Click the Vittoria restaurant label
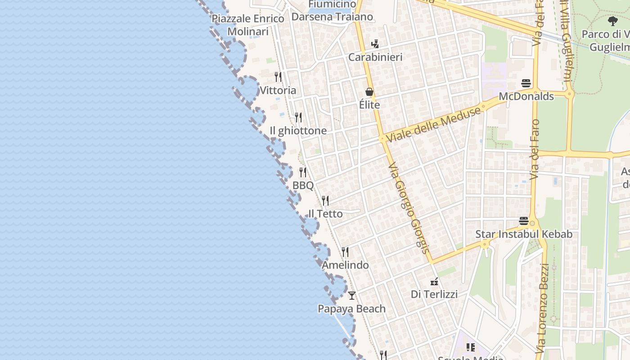278,90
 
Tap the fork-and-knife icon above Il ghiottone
298,117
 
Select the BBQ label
303,185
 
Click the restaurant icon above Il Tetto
325,200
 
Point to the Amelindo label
345,265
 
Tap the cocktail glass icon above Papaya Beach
352,296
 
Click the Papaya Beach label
352,309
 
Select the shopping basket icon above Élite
369,92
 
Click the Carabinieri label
375,57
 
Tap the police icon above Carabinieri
375,44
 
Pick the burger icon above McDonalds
526,83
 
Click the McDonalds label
526,96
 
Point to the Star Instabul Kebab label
524,234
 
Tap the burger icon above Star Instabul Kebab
524,221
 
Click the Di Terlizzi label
434,294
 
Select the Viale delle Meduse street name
433,125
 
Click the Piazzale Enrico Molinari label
248,25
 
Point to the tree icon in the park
612,21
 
